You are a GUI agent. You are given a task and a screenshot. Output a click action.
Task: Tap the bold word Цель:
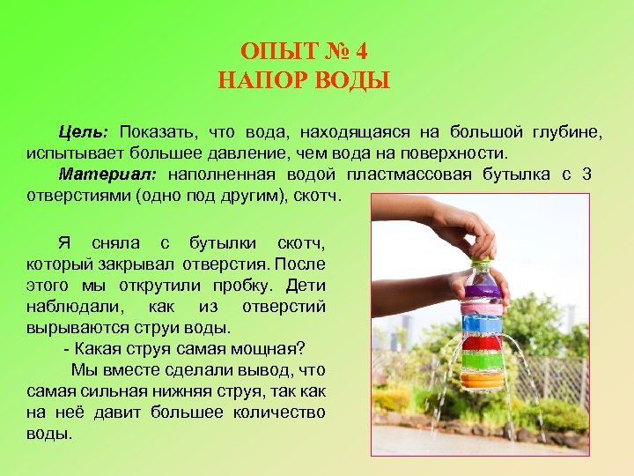pos(83,132)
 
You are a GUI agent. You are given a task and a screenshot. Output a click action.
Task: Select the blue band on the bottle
pos(482,321)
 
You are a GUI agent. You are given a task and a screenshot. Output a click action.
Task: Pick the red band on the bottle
pos(482,342)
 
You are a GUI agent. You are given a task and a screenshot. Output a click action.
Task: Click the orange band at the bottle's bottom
pos(482,381)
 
